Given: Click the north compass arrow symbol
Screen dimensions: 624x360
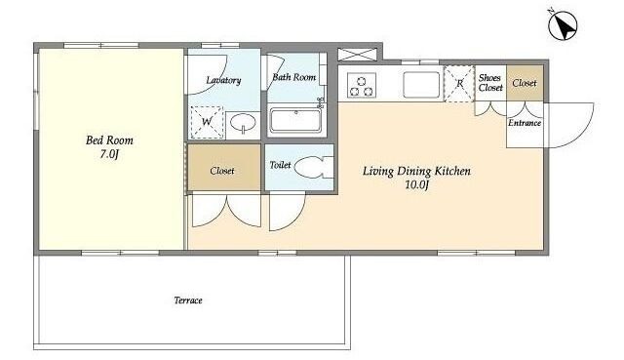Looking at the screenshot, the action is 563,25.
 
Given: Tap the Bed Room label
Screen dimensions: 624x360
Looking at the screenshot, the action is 109,140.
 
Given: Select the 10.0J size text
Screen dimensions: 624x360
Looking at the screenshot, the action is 416,184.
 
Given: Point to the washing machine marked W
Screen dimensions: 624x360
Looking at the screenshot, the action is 207,122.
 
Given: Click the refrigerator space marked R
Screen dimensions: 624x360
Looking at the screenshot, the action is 459,84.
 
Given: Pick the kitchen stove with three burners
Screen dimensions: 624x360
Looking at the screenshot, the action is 362,85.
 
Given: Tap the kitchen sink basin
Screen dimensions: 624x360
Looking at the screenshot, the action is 421,85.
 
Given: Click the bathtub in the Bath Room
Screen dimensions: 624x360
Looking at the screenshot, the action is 295,121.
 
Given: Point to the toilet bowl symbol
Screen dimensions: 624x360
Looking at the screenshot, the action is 313,168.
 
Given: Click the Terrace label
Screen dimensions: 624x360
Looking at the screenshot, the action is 188,300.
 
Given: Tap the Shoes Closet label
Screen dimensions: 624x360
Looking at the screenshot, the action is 490,82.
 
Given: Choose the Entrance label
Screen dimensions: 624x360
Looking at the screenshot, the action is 525,123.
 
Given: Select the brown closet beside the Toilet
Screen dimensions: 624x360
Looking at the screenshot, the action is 224,167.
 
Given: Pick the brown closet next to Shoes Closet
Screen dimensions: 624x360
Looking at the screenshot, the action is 525,83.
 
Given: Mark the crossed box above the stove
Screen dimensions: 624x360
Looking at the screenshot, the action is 357,55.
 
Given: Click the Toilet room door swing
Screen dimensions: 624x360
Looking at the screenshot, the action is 287,211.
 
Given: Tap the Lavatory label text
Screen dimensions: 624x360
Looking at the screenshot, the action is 223,80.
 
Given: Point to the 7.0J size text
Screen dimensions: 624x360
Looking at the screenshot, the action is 109,154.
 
